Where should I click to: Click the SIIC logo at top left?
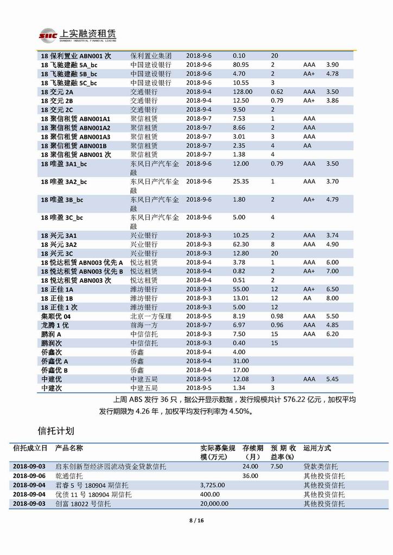(x=47, y=36)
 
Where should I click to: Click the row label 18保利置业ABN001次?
(x=75, y=56)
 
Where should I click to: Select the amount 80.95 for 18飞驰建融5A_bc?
(x=240, y=65)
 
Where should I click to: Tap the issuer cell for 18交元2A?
(x=143, y=92)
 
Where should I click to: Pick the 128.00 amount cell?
(x=242, y=92)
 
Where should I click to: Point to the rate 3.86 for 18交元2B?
(x=332, y=101)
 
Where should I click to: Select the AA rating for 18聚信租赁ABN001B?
(x=307, y=145)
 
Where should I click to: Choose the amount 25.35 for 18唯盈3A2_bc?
(x=240, y=181)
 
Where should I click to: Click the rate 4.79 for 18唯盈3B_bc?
(x=332, y=199)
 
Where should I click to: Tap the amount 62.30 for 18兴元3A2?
(x=240, y=244)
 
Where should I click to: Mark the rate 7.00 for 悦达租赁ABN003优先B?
(x=332, y=271)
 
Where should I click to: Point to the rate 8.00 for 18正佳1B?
(x=332, y=298)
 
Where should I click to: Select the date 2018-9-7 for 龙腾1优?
(x=199, y=325)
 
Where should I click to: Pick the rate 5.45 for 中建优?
(x=332, y=379)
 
